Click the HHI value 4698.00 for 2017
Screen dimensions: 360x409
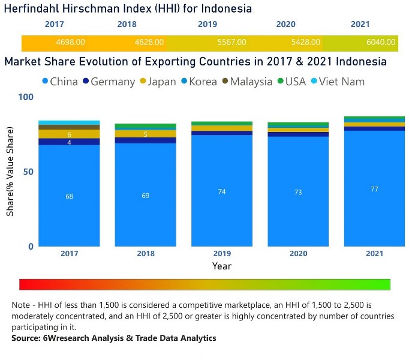tap(70, 43)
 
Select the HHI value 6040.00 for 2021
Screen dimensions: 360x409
tap(381, 43)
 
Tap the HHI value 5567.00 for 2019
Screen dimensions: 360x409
tap(231, 43)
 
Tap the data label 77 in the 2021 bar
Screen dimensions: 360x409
tap(374, 189)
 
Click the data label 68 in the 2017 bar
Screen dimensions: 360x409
tap(69, 197)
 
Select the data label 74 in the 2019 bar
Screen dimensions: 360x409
tap(222, 192)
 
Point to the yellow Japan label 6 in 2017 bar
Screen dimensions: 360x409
tap(69, 134)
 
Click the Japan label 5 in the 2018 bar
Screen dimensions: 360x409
tap(145, 134)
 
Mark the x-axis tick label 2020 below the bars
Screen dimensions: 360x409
tap(298, 254)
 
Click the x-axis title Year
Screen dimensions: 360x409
tap(221, 266)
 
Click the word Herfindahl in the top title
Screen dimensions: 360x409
tap(34, 9)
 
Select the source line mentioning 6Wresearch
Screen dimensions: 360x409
tap(113, 338)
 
